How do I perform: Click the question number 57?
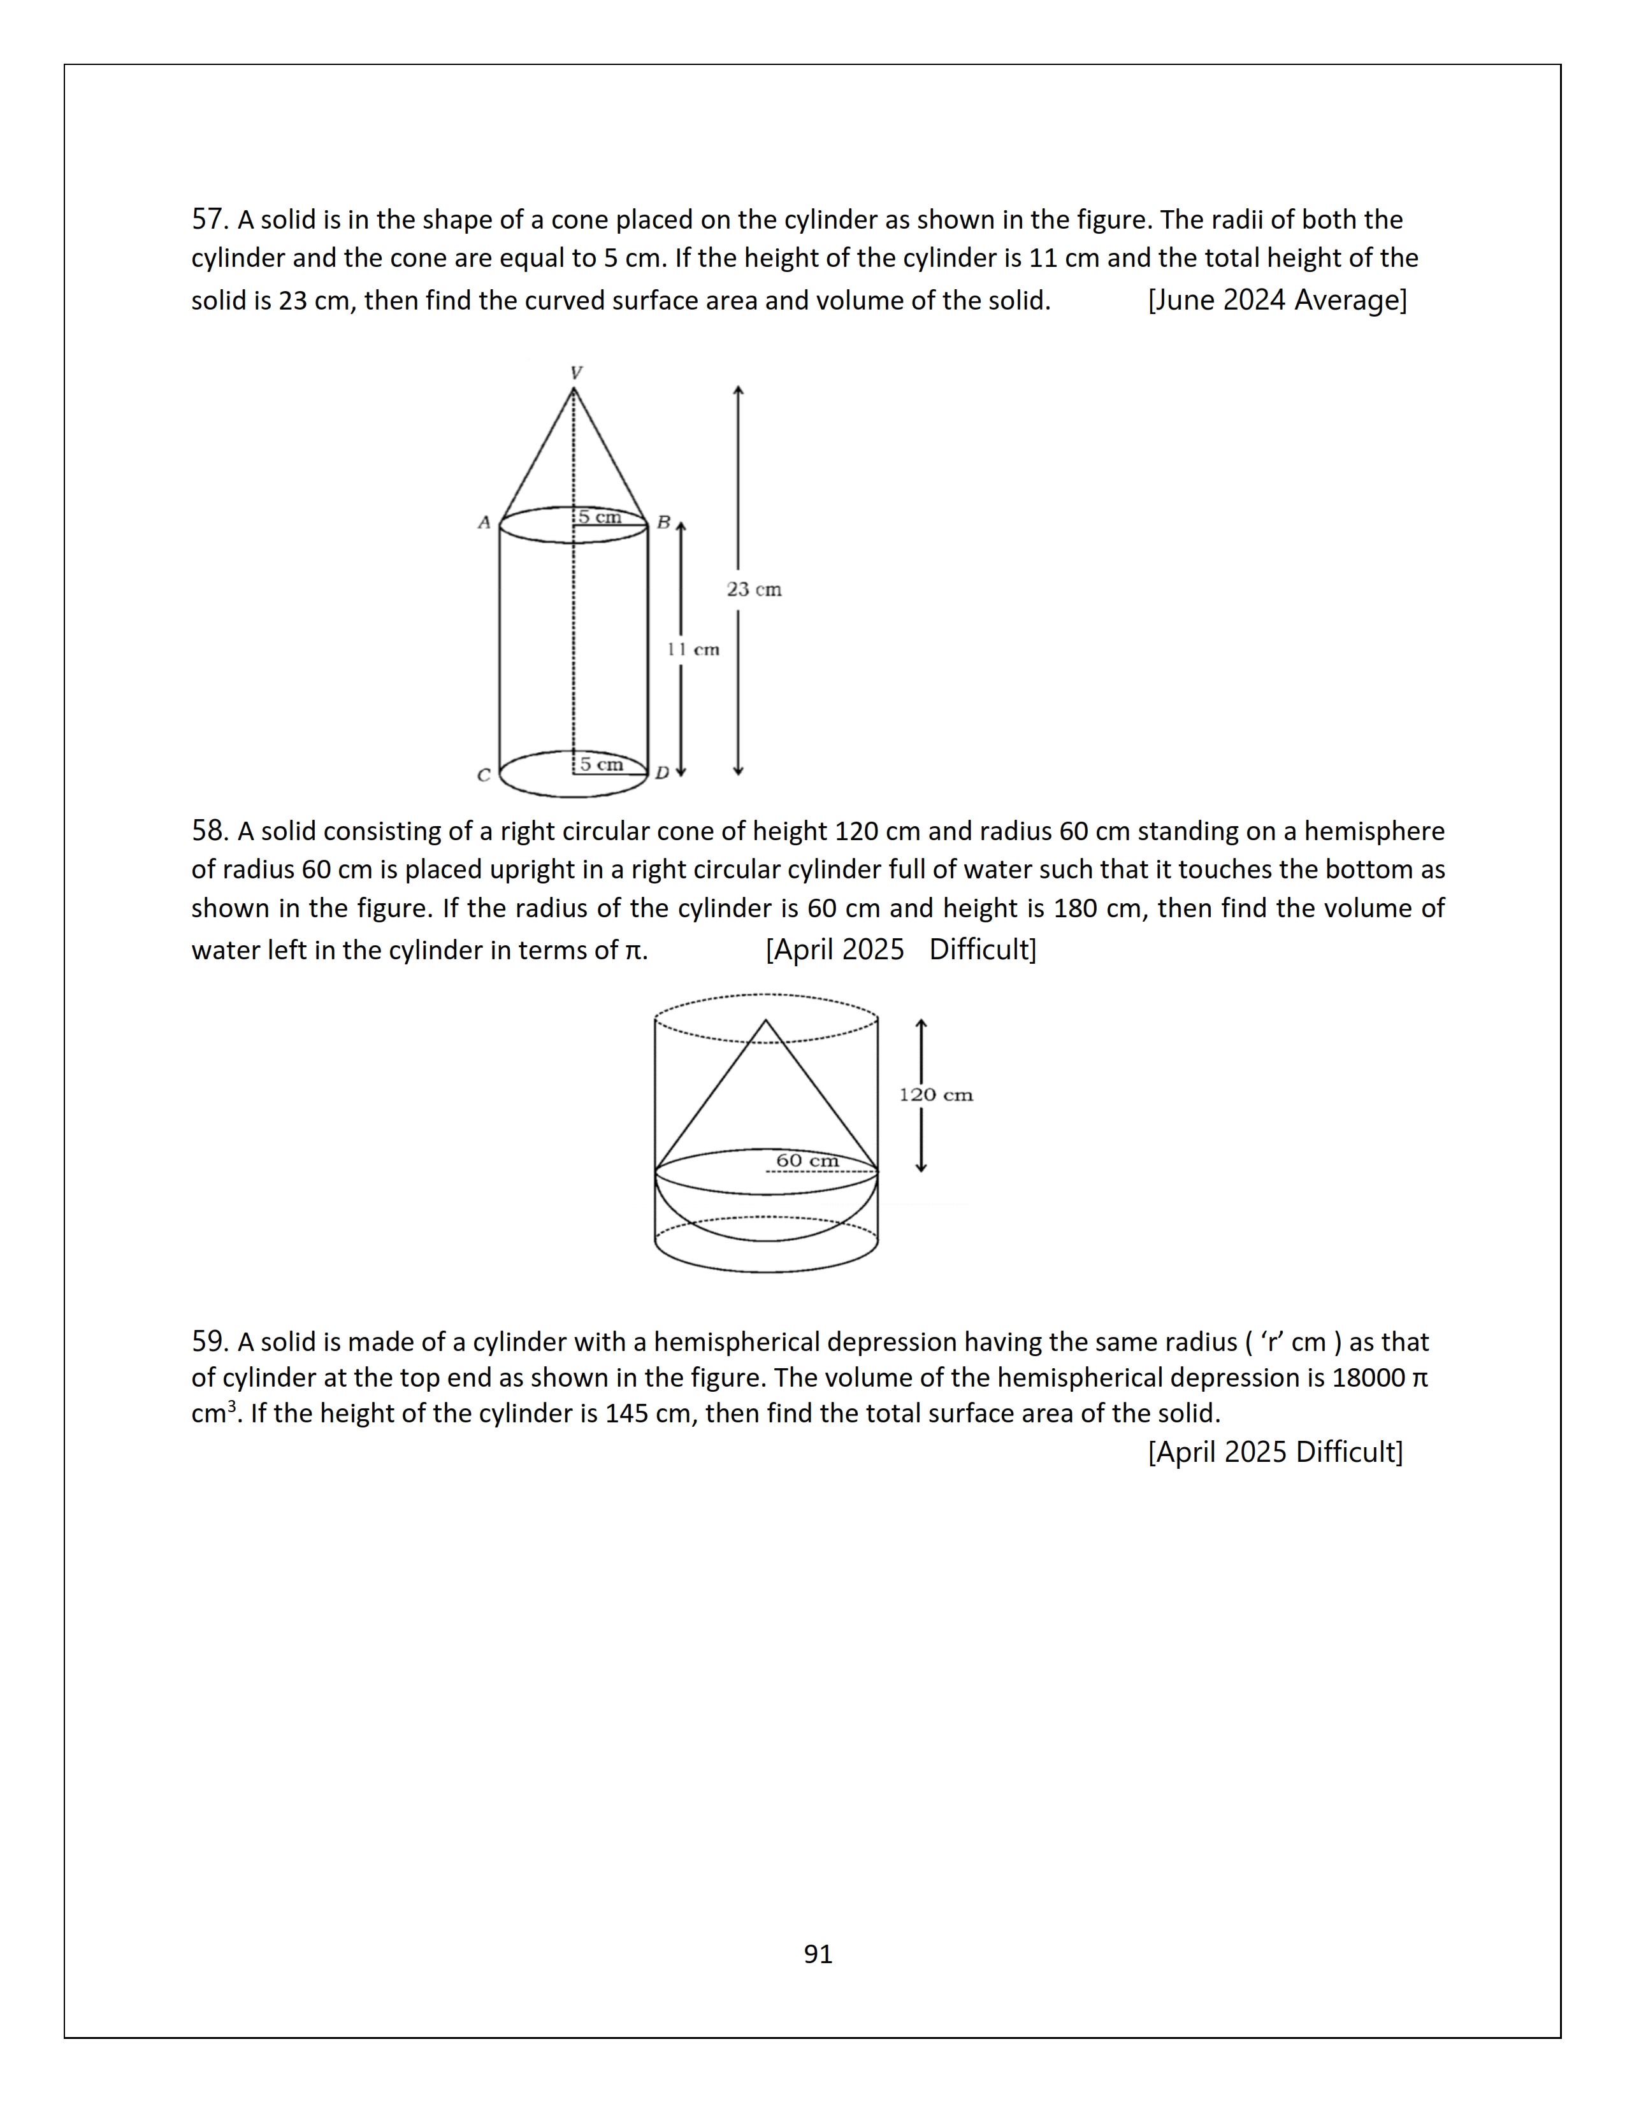click(207, 220)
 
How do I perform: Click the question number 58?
click(207, 831)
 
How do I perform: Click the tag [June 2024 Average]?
click(1276, 300)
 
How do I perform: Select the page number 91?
click(818, 1954)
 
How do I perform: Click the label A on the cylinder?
click(484, 522)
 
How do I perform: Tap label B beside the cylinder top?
click(663, 522)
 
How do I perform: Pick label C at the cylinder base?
click(483, 775)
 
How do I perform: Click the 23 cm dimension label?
click(754, 589)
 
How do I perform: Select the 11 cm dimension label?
click(694, 650)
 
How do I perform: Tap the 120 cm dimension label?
click(935, 1096)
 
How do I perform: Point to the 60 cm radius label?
click(807, 1161)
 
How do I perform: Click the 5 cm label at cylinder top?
click(600, 518)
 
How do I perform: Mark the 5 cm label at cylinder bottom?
click(601, 764)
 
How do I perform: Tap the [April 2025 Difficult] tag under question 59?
click(1275, 1452)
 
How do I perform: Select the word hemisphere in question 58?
click(1374, 831)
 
